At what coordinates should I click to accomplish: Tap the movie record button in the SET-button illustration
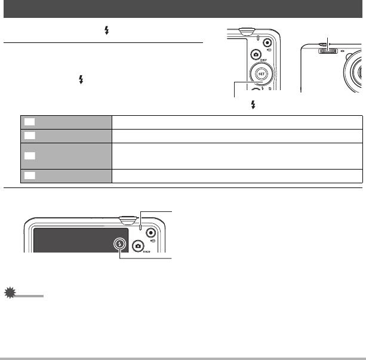(266, 43)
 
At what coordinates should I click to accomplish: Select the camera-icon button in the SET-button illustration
(256, 55)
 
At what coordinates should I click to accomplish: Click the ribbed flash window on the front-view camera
(327, 51)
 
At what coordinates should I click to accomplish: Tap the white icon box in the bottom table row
(29, 176)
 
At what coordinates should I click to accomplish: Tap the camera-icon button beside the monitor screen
(139, 245)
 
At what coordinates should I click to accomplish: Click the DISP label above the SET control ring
(262, 60)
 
